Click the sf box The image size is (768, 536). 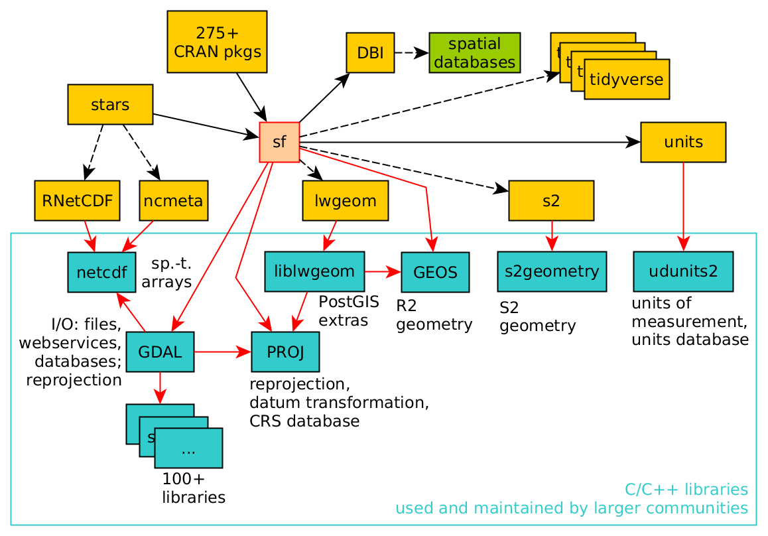point(279,142)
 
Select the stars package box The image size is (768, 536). point(110,105)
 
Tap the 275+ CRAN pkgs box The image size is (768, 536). point(218,41)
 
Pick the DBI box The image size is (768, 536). point(370,52)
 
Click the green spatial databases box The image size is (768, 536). point(474,53)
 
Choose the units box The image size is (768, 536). point(683,142)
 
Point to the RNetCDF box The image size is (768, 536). point(77,201)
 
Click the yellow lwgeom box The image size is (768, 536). point(345,201)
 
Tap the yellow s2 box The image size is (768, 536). point(551,201)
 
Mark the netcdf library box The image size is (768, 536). point(101,272)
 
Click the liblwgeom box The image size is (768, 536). point(314,271)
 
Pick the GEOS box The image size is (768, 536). point(435,272)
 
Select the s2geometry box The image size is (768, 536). point(552,271)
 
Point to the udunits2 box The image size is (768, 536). point(683,271)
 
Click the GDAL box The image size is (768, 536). point(160,352)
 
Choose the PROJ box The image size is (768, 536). point(285,352)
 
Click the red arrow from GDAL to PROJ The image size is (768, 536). point(222,352)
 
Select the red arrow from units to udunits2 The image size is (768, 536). point(683,206)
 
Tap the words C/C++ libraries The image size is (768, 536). point(686,490)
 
